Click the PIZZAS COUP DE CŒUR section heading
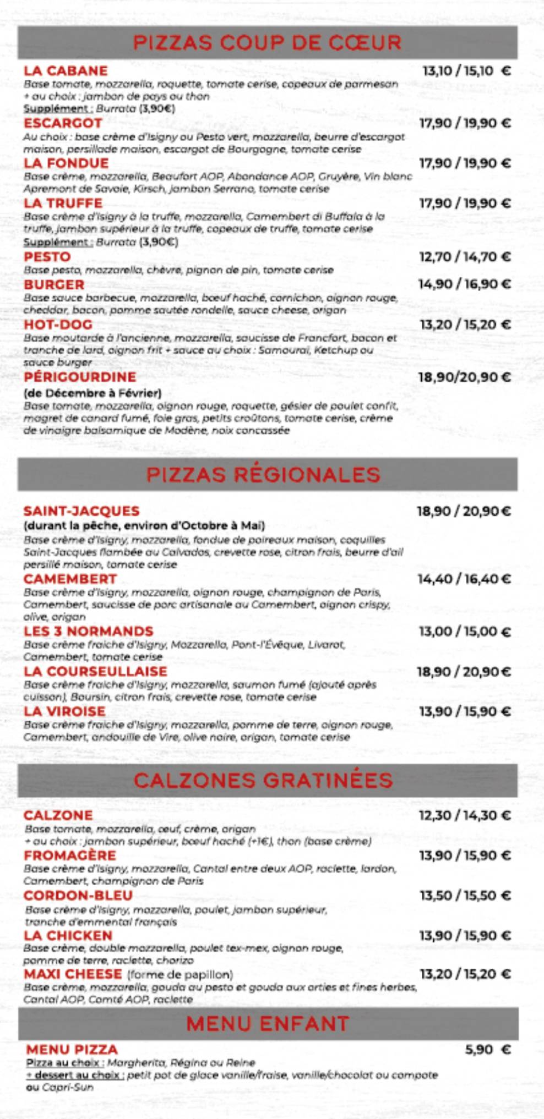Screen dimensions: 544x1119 pos(267,42)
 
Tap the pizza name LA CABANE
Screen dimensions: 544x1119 pos(66,70)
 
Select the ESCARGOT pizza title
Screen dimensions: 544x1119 pos(63,123)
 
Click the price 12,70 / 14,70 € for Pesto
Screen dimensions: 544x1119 pos(465,257)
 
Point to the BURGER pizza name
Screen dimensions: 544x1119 pos(54,284)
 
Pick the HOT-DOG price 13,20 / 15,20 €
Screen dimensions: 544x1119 pos(465,325)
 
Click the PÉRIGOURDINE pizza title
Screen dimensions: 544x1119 pos(80,377)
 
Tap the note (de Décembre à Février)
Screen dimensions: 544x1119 pos(93,393)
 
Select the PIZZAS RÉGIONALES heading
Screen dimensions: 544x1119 pos(263,474)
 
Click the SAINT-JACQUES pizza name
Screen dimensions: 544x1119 pos(81,511)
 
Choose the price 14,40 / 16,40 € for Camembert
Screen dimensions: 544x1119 pos(464,579)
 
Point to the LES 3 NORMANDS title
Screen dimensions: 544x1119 pos(88,631)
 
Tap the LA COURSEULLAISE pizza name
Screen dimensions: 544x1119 pos(95,671)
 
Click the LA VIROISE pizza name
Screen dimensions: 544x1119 pos(64,711)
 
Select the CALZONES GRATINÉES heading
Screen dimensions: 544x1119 pos(263,780)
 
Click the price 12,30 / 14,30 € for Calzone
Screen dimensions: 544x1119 pos(465,815)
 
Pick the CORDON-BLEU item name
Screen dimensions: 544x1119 pos(78,896)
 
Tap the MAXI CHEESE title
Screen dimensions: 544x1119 pos(73,974)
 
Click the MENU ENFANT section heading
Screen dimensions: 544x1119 pos(268,1023)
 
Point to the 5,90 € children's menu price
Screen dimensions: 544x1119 pos(487,1049)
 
